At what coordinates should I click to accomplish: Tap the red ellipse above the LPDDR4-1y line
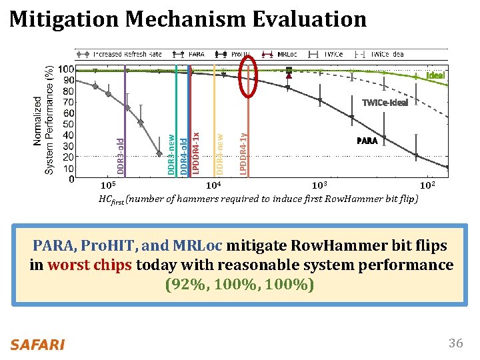(x=248, y=76)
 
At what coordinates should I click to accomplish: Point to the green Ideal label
(x=435, y=75)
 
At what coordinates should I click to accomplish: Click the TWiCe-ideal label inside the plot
(x=384, y=103)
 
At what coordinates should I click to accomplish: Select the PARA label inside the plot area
(x=367, y=141)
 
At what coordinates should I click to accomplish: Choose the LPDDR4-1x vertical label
(x=195, y=153)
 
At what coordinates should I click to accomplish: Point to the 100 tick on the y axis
(x=65, y=69)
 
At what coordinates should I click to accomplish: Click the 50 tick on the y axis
(x=67, y=124)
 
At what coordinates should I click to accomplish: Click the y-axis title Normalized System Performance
(x=45, y=120)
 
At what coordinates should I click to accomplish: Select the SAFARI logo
(x=37, y=344)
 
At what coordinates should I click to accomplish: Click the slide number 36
(x=455, y=343)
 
